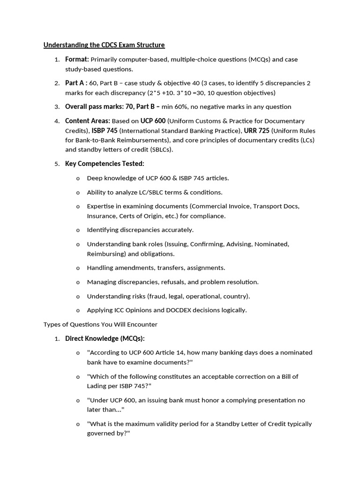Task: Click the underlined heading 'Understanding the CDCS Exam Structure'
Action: tap(104, 45)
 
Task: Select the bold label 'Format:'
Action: tap(77, 60)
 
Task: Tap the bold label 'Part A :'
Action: tap(76, 83)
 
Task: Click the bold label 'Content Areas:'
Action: tap(88, 121)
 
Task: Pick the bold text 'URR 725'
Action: tap(256, 130)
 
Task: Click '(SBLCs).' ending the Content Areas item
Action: tap(159, 150)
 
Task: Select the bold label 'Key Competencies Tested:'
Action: tap(105, 164)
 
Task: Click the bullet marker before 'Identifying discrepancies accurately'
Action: tap(78, 230)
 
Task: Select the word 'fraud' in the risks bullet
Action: tap(158, 296)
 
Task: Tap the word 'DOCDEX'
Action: tap(176, 310)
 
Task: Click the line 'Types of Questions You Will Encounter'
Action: tap(100, 324)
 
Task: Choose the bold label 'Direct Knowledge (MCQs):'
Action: tap(105, 338)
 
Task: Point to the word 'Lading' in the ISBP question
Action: tap(97, 386)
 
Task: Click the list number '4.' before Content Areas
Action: tap(57, 121)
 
